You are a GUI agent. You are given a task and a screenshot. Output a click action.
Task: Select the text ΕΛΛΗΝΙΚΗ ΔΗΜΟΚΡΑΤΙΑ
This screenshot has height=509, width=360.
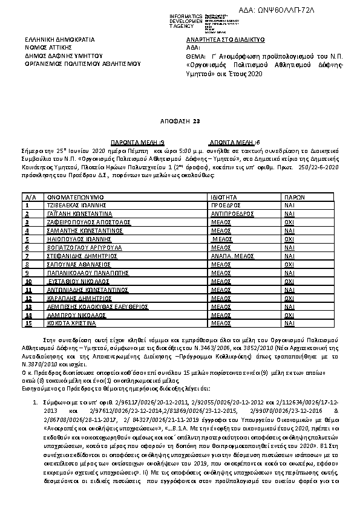click(x=60, y=39)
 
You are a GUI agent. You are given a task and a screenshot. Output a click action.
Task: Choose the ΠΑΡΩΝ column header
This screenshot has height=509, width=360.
click(x=294, y=197)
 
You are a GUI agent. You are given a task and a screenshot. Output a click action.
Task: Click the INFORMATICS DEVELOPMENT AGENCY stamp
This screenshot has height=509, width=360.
click(x=182, y=20)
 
